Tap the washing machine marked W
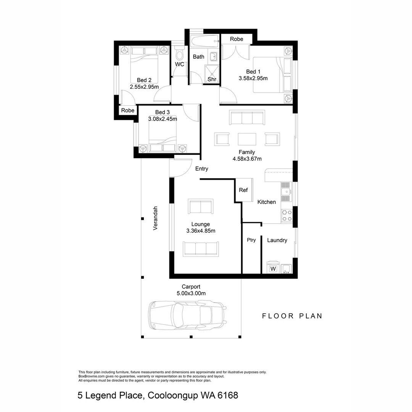(273, 268)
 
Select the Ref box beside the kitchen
(243, 190)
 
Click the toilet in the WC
(178, 53)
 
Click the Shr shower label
(212, 79)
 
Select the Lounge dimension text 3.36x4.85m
(201, 231)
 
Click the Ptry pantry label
(251, 240)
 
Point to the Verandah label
(155, 218)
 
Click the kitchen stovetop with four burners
(286, 216)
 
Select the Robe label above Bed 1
(237, 39)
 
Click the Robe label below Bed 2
(128, 110)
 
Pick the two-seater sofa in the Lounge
(201, 207)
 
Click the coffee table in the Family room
(247, 138)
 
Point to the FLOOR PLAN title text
(292, 316)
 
